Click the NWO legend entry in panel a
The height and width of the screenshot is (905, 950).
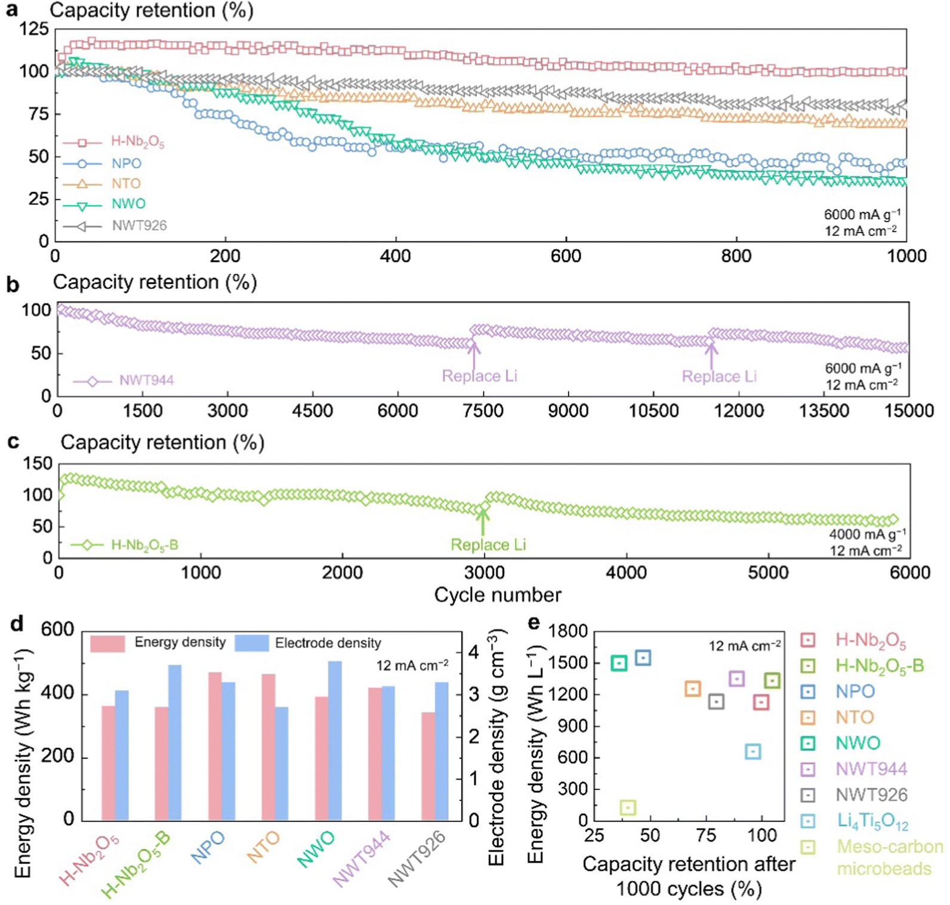[128, 204]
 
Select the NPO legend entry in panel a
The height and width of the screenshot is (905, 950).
[126, 163]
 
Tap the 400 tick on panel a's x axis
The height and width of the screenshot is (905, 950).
[395, 257]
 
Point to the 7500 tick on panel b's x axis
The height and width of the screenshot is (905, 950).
[483, 411]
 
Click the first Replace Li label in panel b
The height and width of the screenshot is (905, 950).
[479, 376]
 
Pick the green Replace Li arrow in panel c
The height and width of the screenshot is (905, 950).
[483, 520]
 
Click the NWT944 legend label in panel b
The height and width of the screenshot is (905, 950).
[146, 381]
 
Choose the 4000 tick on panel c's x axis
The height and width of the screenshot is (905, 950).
[626, 573]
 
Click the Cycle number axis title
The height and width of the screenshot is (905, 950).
[497, 595]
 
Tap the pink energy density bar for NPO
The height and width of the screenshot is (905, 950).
[215, 746]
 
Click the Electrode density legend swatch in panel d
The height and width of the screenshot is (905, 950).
[251, 643]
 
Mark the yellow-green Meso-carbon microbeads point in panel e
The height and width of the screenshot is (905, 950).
[628, 808]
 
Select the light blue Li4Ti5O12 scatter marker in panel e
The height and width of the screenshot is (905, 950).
[753, 752]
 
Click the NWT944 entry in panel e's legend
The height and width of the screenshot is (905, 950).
[871, 769]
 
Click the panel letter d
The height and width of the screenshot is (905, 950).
[17, 624]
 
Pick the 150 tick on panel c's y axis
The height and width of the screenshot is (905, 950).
[38, 464]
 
